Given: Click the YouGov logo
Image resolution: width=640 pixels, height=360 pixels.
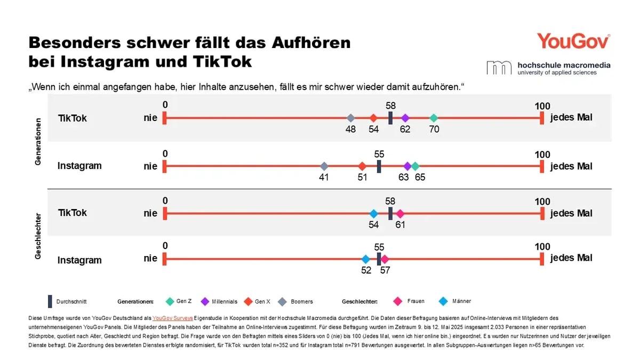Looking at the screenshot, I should [x=573, y=41].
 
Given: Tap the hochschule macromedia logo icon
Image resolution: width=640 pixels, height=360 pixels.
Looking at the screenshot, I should [x=498, y=68].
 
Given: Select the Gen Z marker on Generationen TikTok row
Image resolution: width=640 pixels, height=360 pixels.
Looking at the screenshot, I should [x=434, y=118].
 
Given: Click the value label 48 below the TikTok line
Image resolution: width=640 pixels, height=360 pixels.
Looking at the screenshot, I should [x=350, y=129].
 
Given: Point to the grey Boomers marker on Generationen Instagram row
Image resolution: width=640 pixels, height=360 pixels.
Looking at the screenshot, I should [x=324, y=166].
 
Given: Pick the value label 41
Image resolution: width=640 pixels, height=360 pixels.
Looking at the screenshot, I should [x=324, y=178].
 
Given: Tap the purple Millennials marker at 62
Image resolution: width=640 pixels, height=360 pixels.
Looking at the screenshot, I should [x=405, y=118].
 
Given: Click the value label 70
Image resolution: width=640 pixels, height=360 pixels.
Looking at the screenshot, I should [x=434, y=129].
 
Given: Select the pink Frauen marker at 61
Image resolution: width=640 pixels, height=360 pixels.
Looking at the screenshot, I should [x=400, y=213].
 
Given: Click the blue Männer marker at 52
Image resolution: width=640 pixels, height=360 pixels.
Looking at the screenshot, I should [x=365, y=259].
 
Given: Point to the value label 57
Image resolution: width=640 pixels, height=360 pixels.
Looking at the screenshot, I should [x=385, y=270].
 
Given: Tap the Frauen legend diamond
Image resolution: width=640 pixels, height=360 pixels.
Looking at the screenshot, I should [x=397, y=301].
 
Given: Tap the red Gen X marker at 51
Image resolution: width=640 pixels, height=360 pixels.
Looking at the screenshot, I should [x=362, y=166].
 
